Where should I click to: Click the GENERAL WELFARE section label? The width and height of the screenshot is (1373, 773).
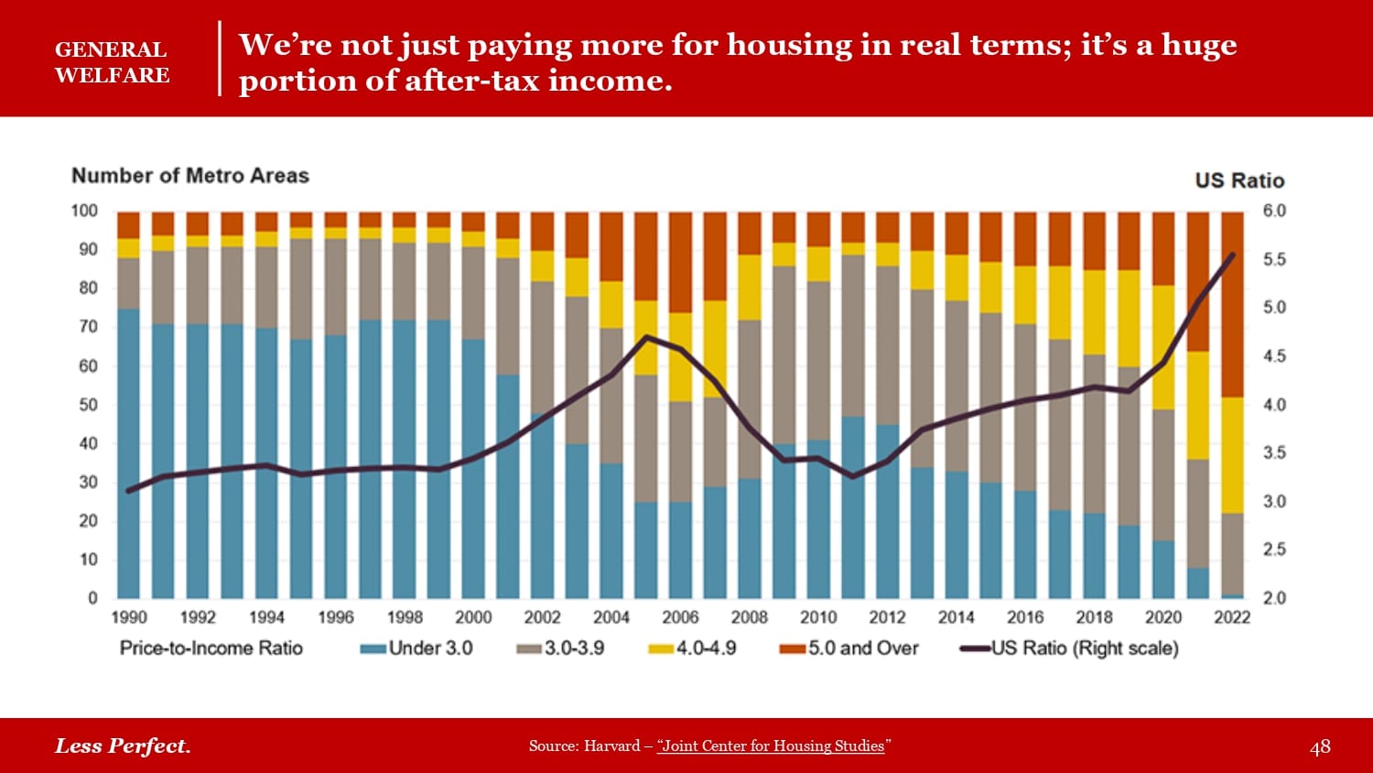point(112,62)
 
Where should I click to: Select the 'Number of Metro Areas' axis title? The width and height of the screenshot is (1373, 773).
point(190,176)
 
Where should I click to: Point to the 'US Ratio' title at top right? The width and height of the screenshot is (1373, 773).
point(1239,180)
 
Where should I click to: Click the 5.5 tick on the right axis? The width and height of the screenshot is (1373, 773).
point(1274,260)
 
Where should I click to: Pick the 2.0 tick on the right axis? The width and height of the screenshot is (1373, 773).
point(1274,598)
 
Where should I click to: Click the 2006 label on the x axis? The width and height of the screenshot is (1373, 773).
point(680,617)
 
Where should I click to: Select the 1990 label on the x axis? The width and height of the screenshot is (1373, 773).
point(129,617)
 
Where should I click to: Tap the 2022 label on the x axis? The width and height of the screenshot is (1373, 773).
point(1232,617)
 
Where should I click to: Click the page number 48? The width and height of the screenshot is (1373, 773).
point(1320,747)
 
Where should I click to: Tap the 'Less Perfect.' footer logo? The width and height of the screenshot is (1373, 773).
point(123,746)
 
